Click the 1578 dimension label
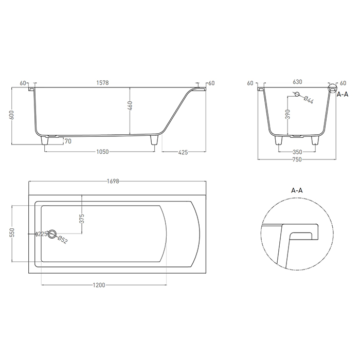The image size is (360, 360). [x=102, y=83]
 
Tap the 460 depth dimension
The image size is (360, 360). [x=130, y=106]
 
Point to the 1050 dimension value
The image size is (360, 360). [x=102, y=152]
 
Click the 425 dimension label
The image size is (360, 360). [x=183, y=152]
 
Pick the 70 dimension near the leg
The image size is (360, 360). [x=68, y=141]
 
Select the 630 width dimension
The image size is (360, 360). [x=298, y=82]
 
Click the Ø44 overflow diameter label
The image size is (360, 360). [x=309, y=100]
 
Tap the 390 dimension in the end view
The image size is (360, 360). [x=288, y=114]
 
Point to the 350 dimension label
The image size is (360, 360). [x=298, y=152]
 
